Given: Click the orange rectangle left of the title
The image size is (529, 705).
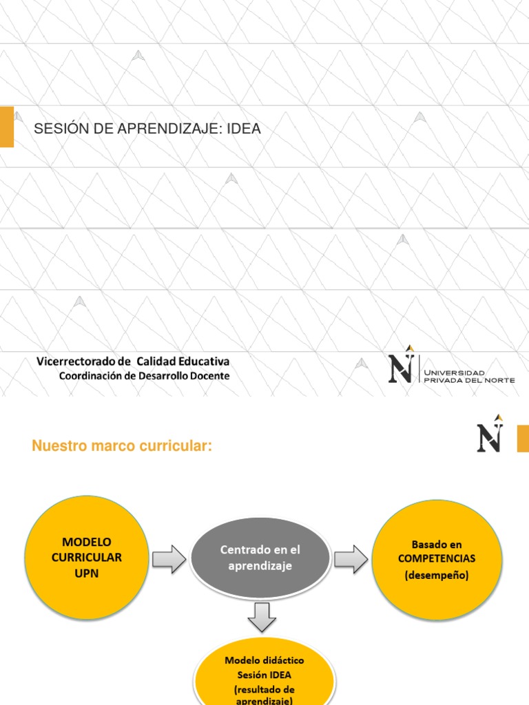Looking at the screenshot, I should pos(6,127).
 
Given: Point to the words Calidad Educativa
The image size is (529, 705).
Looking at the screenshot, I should pos(183,361).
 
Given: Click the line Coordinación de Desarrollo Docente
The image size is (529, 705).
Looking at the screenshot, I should pos(144,376).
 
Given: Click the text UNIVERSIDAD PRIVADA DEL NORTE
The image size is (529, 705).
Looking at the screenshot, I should pos(468,376).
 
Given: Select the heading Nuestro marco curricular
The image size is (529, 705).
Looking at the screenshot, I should pos(121,447).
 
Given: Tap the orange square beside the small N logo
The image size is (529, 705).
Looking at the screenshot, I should pos(523,439).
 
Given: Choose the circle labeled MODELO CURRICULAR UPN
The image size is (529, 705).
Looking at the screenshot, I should pos(85,558).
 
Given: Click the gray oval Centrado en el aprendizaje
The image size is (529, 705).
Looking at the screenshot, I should pos(260,558).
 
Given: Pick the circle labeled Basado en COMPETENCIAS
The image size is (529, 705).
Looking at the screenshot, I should pos(437,559).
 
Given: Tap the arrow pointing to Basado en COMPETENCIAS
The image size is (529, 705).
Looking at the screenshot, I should pos(352,558).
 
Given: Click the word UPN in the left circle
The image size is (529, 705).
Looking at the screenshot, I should pos(85,573).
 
